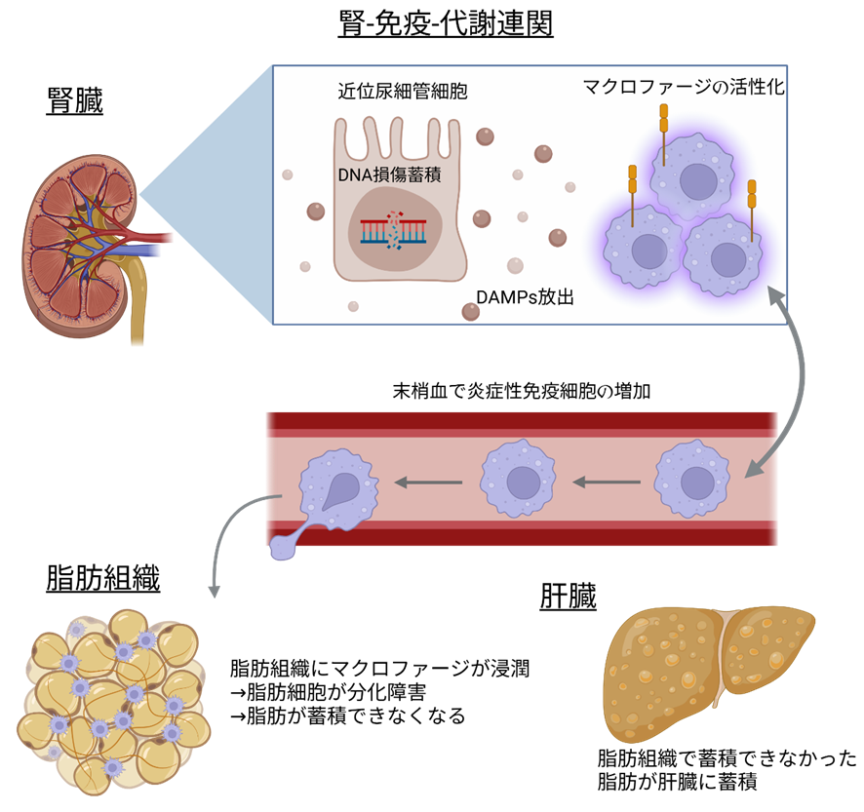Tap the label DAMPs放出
(524, 297)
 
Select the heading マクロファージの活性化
(684, 88)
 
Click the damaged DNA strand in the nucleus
(393, 231)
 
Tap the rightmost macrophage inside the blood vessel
(692, 479)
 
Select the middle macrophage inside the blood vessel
(518, 479)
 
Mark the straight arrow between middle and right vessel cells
(606, 481)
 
